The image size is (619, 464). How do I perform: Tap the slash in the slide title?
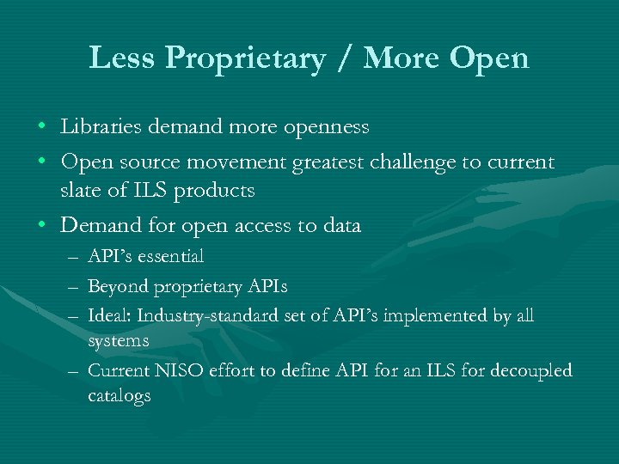click(348, 58)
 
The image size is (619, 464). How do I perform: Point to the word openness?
click(328, 127)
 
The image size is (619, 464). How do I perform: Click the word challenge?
click(438, 162)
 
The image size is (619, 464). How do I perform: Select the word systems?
click(119, 340)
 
